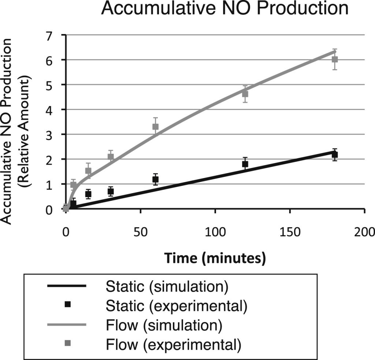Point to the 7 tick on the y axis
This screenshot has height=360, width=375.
[x=58, y=35]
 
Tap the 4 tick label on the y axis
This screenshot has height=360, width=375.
[x=58, y=110]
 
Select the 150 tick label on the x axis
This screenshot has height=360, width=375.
[x=290, y=233]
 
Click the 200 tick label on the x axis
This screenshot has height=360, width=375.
[x=364, y=233]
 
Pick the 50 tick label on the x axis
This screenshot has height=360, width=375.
[x=141, y=233]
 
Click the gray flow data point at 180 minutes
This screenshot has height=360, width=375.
[x=334, y=59]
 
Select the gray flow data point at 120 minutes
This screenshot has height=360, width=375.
[x=245, y=94]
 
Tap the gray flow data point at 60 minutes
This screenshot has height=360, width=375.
[x=155, y=127]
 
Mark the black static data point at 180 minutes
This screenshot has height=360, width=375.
[x=334, y=155]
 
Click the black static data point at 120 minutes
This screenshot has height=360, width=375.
[x=245, y=164]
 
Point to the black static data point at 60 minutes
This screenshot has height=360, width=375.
[x=155, y=179]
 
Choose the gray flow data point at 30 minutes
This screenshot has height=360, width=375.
[x=111, y=157]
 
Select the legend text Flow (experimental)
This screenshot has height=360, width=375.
[x=173, y=344]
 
